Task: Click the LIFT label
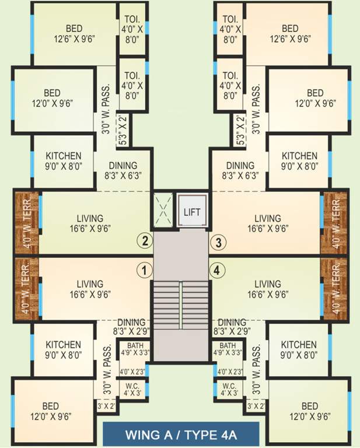pyautogui.click(x=192, y=211)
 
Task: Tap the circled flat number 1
pyautogui.click(x=144, y=270)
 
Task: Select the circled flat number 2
pyautogui.click(x=145, y=240)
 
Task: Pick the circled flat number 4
pyautogui.click(x=218, y=270)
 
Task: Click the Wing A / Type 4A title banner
pyautogui.click(x=180, y=435)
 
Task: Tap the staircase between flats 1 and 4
pyautogui.click(x=180, y=306)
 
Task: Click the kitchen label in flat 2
pyautogui.click(x=64, y=161)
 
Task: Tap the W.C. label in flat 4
pyautogui.click(x=229, y=389)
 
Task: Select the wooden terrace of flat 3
pyautogui.click(x=334, y=222)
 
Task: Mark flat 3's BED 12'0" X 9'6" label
pyautogui.click(x=315, y=97)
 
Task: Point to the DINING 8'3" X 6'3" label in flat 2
pyautogui.click(x=123, y=170)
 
